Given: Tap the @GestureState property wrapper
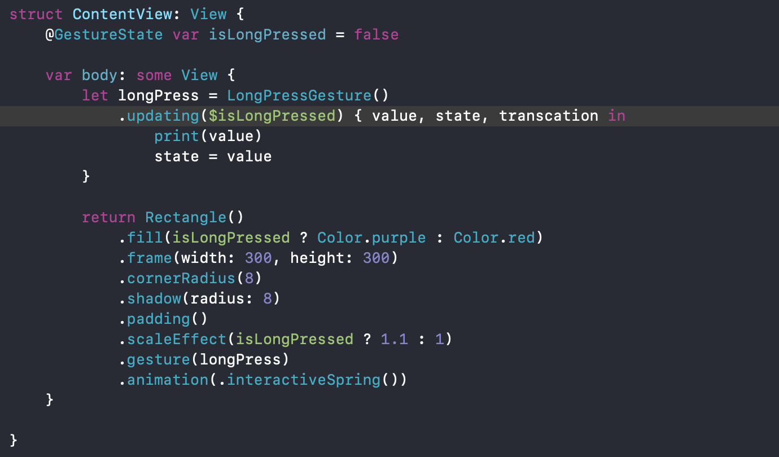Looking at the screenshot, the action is click(104, 34).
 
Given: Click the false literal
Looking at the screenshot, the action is click(376, 34).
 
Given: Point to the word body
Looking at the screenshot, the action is click(99, 75).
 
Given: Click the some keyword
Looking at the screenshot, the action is click(154, 75).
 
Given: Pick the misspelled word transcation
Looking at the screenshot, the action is click(548, 116).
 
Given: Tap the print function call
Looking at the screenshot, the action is click(177, 136).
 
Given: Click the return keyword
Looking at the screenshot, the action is click(108, 217).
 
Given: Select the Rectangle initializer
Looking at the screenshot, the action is click(185, 217).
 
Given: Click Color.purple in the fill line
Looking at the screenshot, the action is click(371, 238).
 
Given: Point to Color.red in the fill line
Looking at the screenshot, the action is click(493, 238).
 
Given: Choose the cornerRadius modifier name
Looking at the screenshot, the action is click(181, 278).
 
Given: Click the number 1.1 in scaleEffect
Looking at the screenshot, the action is click(394, 339).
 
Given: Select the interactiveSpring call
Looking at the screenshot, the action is click(304, 380).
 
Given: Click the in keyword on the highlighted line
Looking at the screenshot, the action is click(616, 116).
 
